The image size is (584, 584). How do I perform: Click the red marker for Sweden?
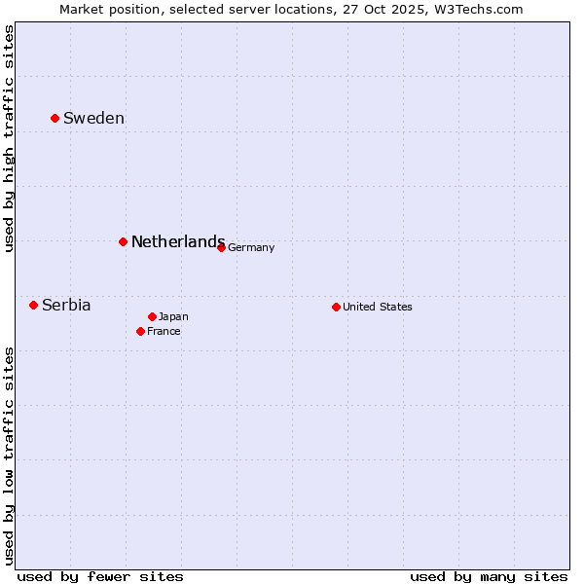(x=55, y=118)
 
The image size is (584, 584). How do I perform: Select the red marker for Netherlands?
(x=123, y=241)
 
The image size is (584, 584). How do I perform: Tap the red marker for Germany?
(x=221, y=247)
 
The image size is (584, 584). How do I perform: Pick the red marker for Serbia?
(x=33, y=305)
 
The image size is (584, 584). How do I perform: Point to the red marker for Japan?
(x=152, y=316)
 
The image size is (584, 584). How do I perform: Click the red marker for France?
(x=140, y=331)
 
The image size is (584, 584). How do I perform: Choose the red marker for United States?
(x=336, y=307)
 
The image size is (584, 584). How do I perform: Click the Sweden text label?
(x=93, y=119)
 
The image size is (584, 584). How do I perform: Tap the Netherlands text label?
(x=178, y=242)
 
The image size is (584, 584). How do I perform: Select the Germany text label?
(x=251, y=248)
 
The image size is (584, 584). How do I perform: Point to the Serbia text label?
(x=66, y=306)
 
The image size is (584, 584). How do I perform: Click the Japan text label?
(x=173, y=317)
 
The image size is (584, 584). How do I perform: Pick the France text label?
(x=164, y=332)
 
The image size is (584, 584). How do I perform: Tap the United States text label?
(x=378, y=308)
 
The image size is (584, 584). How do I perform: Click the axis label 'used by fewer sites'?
(x=100, y=576)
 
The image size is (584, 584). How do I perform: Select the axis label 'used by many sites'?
(x=489, y=576)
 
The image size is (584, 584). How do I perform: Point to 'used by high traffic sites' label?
(x=10, y=138)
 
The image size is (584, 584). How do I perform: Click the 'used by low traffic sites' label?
(x=10, y=455)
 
